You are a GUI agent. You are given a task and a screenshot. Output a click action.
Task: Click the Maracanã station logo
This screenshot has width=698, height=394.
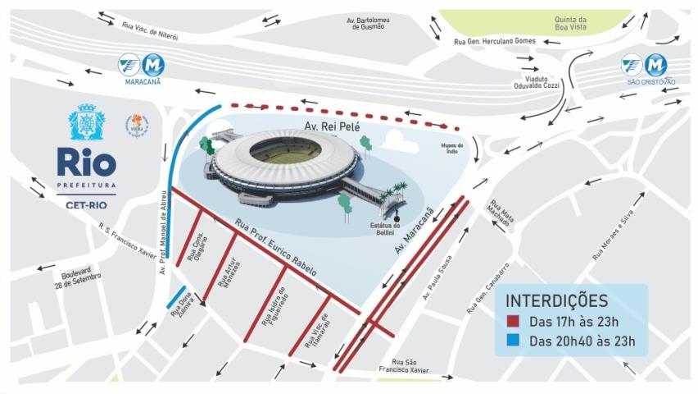[142, 64]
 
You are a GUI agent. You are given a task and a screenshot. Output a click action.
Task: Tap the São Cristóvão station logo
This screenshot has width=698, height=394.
[643, 64]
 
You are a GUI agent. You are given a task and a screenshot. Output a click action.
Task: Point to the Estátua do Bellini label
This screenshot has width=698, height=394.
[385, 230]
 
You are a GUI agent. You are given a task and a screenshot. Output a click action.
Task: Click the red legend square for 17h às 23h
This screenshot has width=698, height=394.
[514, 322]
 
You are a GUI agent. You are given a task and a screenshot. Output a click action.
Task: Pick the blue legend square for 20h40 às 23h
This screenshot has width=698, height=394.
[514, 341]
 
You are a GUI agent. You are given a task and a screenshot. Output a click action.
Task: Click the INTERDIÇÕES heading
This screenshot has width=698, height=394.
[556, 300]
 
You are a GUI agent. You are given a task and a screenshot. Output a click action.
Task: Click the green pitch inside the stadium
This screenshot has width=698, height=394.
[286, 150]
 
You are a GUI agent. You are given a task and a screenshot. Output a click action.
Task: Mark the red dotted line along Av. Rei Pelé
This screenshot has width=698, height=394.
[344, 114]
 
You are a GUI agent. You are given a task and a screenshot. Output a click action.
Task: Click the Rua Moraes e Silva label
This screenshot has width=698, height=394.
[619, 236]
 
